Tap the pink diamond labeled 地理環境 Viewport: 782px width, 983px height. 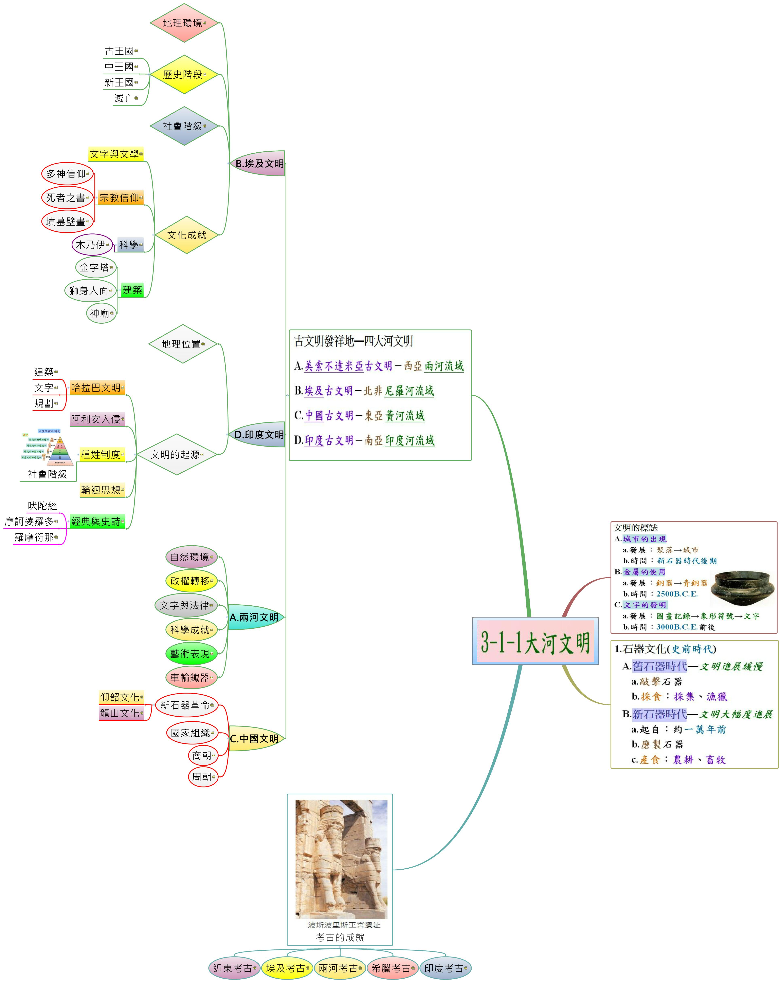point(184,23)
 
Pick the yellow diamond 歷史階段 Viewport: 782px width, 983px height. point(184,74)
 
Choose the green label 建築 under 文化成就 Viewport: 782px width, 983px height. point(132,290)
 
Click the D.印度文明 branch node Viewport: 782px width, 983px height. point(258,435)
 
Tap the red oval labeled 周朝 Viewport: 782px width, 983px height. point(203,776)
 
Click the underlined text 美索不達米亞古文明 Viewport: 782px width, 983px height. point(348,366)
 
